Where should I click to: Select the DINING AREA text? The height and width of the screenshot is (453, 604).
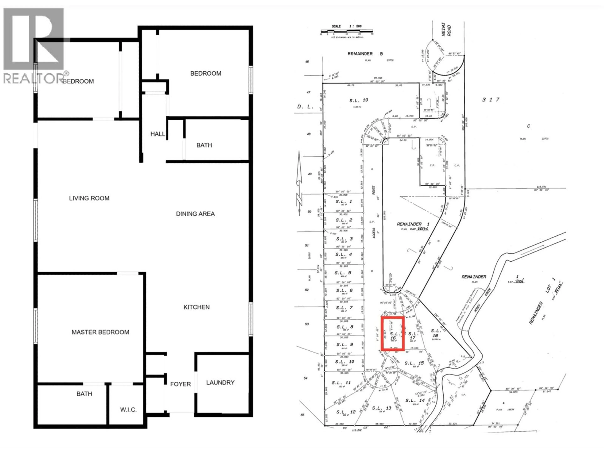pos(195,214)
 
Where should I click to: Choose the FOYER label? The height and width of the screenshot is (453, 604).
pos(180,384)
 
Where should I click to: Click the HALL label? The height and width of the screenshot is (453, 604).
pos(158,134)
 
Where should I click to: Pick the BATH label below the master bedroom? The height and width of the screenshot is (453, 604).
pos(84,394)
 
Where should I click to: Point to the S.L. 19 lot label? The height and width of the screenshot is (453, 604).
pos(358,100)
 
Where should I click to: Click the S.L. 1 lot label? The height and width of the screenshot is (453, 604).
pos(344,201)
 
